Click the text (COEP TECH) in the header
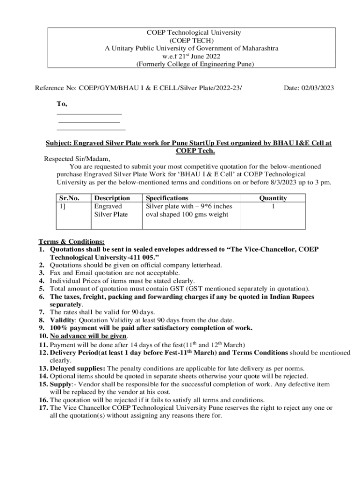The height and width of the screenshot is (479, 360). point(194,41)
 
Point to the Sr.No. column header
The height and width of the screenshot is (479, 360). point(69,198)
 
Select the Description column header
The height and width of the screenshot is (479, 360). point(112,198)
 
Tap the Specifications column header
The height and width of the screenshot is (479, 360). point(167,198)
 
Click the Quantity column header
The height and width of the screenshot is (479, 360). point(273,198)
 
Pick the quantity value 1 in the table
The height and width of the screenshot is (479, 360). point(273,206)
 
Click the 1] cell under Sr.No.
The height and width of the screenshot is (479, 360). point(62,206)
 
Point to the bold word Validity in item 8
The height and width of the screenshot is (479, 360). point(62,320)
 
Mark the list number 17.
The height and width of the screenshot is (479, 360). point(43,408)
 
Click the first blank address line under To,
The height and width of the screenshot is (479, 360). point(89,114)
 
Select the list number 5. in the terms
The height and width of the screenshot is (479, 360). point(42,289)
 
